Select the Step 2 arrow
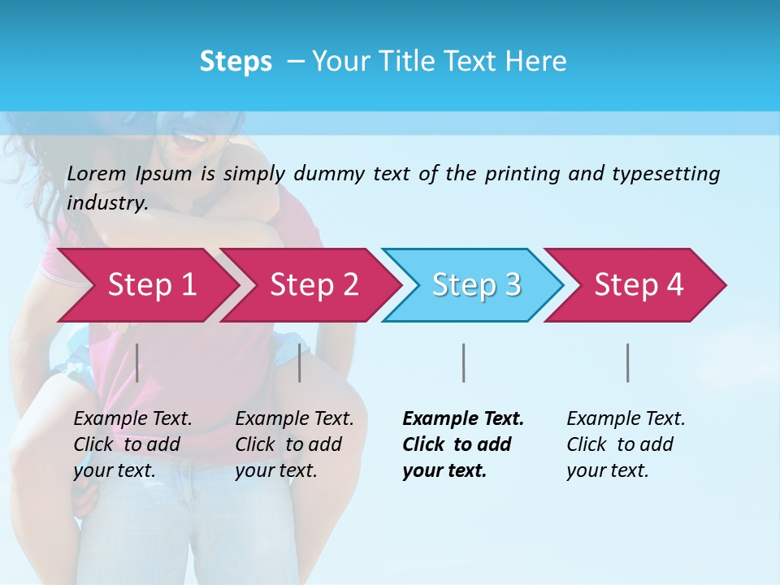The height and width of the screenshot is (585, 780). click(x=314, y=285)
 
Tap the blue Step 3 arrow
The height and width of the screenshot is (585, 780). click(x=476, y=285)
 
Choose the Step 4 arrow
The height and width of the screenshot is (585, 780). click(x=639, y=285)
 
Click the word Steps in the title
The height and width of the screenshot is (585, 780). click(x=236, y=62)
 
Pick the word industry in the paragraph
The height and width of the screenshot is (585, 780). click(x=106, y=203)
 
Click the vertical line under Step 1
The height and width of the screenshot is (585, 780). click(x=137, y=362)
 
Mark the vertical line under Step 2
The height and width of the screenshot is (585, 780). click(x=300, y=362)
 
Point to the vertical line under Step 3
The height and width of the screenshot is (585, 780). click(x=463, y=362)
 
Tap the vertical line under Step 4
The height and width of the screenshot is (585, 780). click(x=627, y=362)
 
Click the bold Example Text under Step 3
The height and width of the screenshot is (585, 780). click(x=463, y=419)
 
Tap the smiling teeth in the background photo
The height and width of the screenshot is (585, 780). click(x=193, y=139)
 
